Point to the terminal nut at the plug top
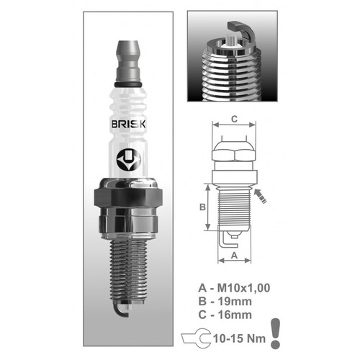click(x=128, y=58)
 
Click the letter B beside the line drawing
click(x=203, y=207)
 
